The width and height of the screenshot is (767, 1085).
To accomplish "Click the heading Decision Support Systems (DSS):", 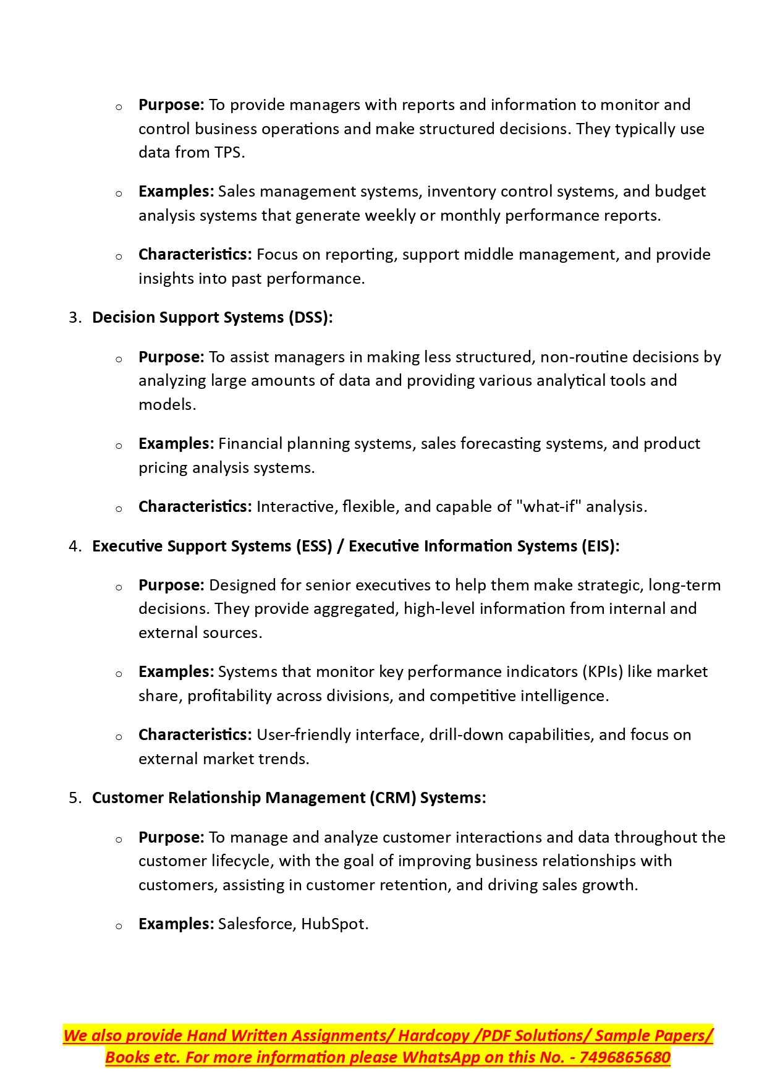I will pyautogui.click(x=212, y=318).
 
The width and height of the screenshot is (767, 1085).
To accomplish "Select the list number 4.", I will pyautogui.click(x=74, y=547).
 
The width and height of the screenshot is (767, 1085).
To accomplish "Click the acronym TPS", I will pyautogui.click(x=227, y=153).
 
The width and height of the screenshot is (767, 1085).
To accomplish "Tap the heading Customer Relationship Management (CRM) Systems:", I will pyautogui.click(x=289, y=798).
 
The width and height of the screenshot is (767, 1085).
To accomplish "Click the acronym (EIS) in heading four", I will pyautogui.click(x=599, y=547).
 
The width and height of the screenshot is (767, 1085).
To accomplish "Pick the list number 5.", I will pyautogui.click(x=74, y=798).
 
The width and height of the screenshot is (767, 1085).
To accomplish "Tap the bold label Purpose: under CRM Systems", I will pyautogui.click(x=171, y=838).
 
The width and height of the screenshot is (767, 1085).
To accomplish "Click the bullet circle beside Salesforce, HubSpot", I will pyautogui.click(x=119, y=926).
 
